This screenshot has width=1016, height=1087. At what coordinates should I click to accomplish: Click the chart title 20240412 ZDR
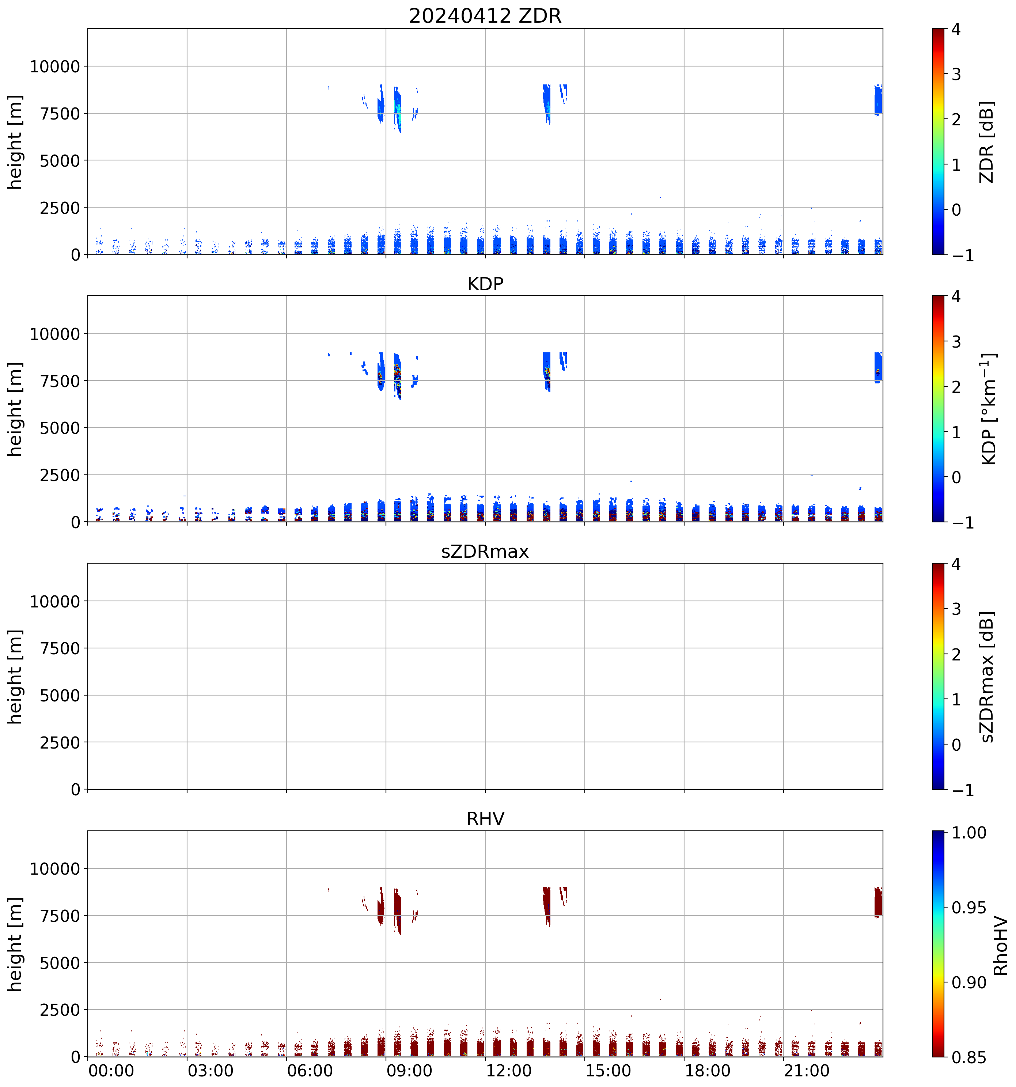(485, 15)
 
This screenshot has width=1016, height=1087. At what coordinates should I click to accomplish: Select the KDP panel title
(485, 284)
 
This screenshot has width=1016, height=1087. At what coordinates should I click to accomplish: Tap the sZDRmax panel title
(485, 551)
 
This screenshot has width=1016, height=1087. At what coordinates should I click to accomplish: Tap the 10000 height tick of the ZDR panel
(55, 67)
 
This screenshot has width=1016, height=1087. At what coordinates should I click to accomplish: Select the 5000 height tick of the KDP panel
(60, 428)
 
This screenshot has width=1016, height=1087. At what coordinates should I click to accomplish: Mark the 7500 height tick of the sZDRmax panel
(60, 648)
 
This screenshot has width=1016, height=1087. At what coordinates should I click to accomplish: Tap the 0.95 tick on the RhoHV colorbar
(969, 908)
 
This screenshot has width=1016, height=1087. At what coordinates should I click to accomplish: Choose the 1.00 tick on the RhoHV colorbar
(969, 833)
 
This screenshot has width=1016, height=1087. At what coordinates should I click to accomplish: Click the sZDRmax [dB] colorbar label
(986, 677)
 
